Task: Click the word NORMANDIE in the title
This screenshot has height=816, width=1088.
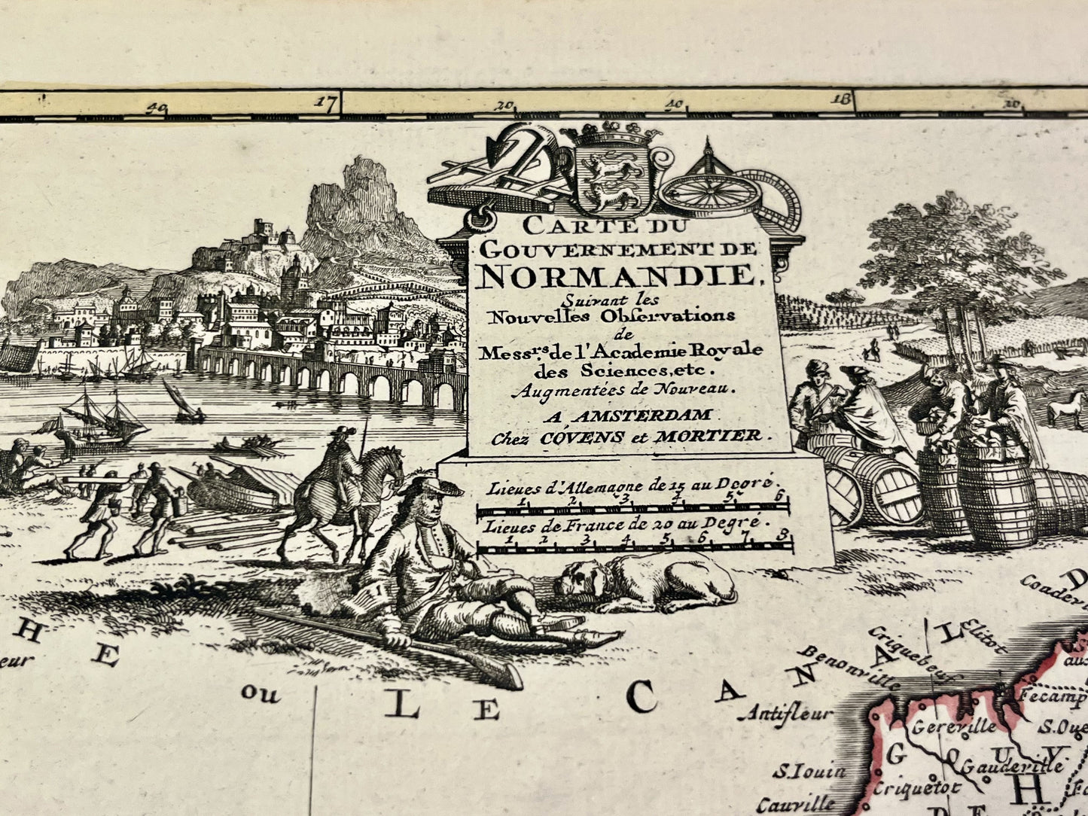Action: pos(617,277)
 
